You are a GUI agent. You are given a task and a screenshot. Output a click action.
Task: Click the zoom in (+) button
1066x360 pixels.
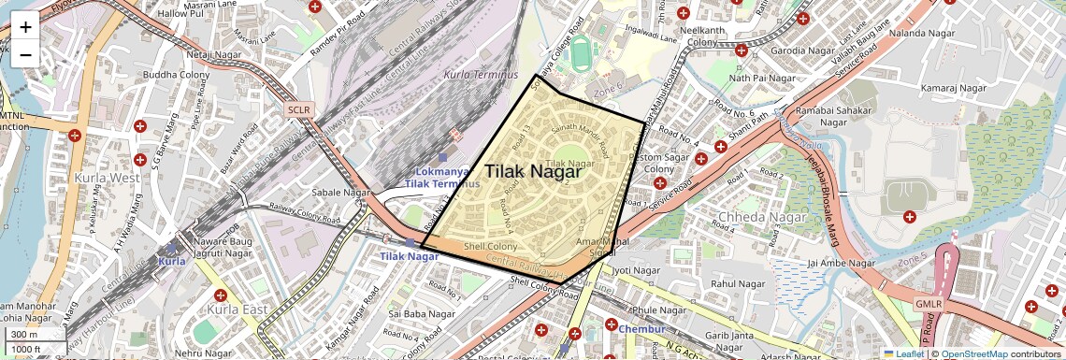[x=25, y=27]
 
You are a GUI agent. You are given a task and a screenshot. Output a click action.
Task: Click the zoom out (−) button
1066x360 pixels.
[x=25, y=54]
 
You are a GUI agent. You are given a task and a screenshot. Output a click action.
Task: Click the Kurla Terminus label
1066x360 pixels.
[x=481, y=75]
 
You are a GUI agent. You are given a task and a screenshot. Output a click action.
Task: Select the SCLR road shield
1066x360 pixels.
[x=299, y=109]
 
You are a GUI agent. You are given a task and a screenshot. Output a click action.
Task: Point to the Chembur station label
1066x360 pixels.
[x=641, y=329]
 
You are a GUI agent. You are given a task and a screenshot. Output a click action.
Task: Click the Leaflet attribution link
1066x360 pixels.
[x=903, y=354]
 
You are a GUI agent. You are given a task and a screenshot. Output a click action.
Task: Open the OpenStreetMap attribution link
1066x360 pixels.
[x=974, y=354]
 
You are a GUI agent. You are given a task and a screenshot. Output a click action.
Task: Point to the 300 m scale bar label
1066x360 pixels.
[x=24, y=335]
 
